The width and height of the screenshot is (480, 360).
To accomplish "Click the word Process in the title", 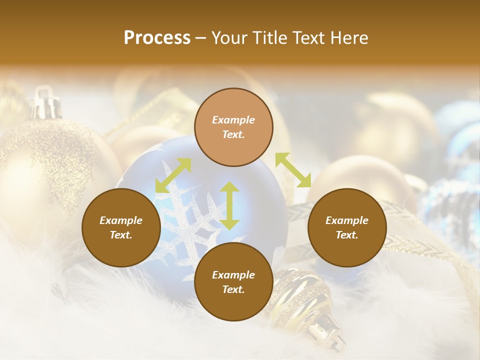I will point(157,38).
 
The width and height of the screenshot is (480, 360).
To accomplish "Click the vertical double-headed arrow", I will point(229,206).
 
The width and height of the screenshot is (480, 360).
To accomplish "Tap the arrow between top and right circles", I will point(293,170).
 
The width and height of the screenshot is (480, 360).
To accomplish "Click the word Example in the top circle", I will point(233,120).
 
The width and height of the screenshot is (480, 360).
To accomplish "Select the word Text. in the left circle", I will point(121,235).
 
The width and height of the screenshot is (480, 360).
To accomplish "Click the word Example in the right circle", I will point(347,220).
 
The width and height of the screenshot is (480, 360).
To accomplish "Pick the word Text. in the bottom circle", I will point(233,289).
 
